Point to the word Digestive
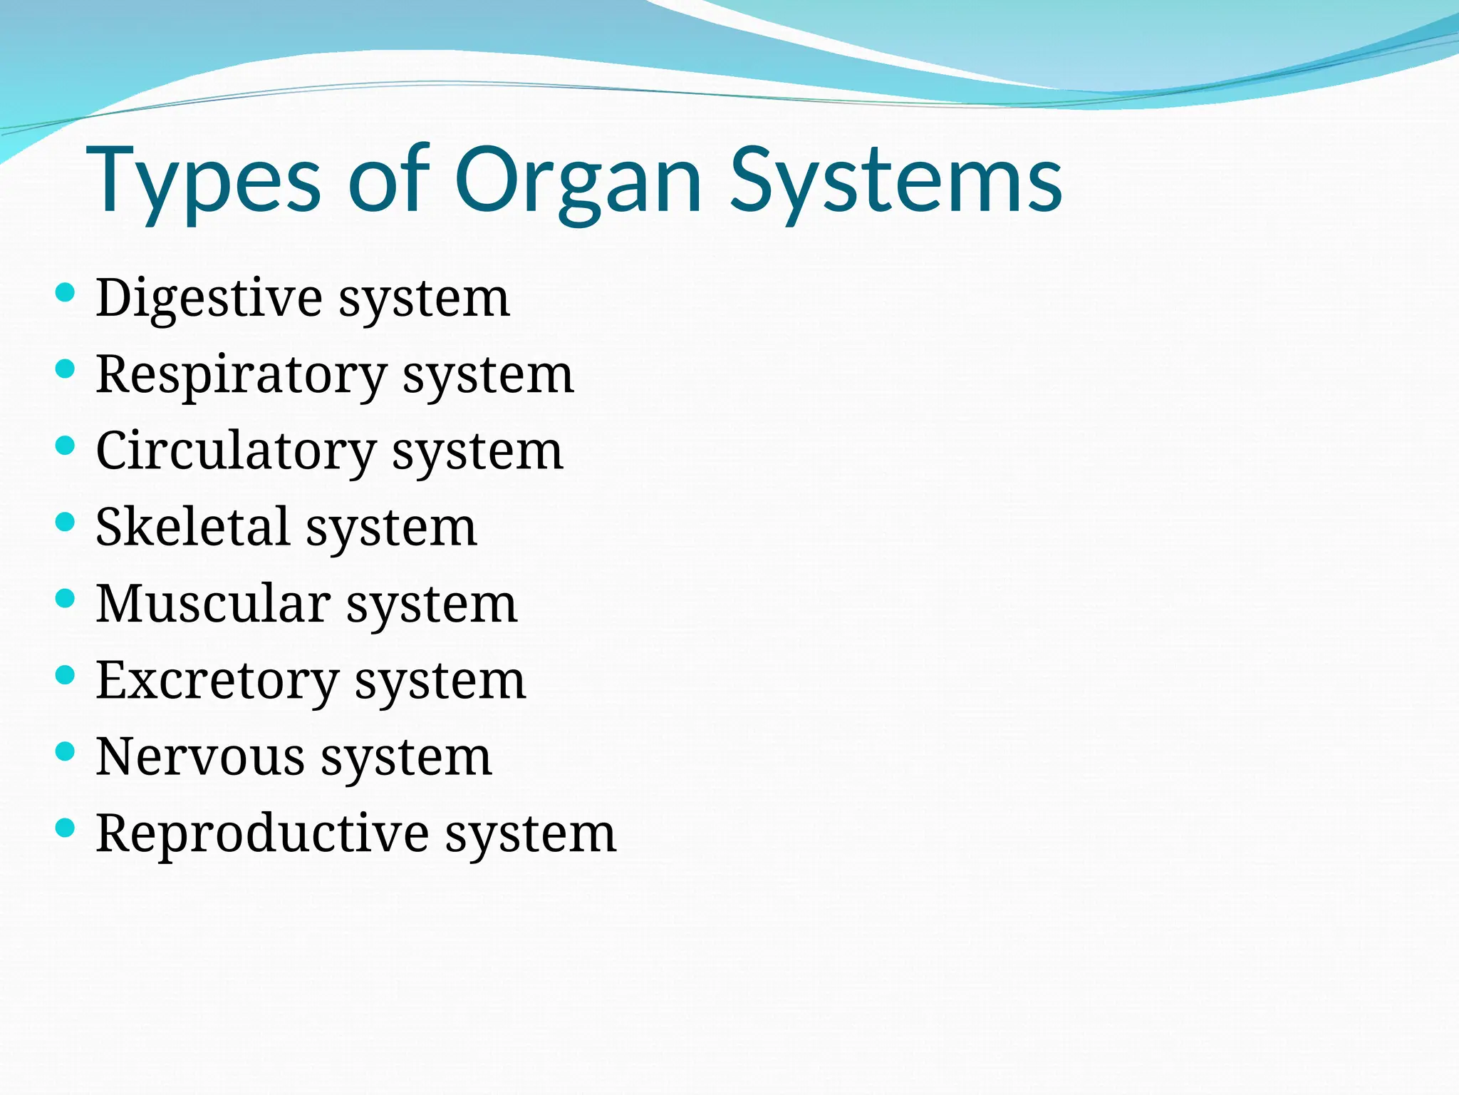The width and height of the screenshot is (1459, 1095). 209,298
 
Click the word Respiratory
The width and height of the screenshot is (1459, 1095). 241,375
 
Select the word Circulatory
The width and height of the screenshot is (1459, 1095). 235,452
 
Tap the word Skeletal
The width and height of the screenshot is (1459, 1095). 192,528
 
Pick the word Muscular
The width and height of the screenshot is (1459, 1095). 212,605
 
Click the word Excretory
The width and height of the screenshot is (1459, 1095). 217,681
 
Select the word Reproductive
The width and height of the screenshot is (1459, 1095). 262,833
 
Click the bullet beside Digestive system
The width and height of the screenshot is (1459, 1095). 65,292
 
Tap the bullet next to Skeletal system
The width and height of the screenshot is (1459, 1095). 65,522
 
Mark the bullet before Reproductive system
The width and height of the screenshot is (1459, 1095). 65,828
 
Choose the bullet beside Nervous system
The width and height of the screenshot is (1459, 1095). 65,751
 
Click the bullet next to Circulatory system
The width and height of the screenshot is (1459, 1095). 65,446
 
